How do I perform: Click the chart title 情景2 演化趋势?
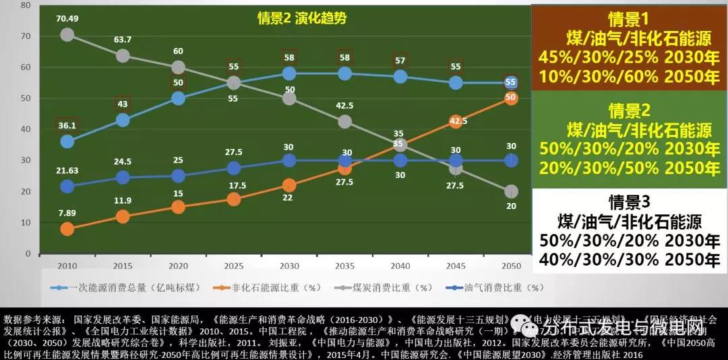[302, 18]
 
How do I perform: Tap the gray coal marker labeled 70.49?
[67, 34]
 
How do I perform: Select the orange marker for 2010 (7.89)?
[67, 229]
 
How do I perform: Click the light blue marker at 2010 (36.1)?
[67, 142]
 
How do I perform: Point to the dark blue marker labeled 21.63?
[67, 186]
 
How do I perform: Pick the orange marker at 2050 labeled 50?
[510, 98]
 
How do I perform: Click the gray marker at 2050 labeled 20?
[510, 191]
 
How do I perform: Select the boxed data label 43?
[122, 104]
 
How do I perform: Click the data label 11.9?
[122, 200]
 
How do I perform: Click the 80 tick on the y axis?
[26, 5]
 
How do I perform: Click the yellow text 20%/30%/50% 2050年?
[630, 167]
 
